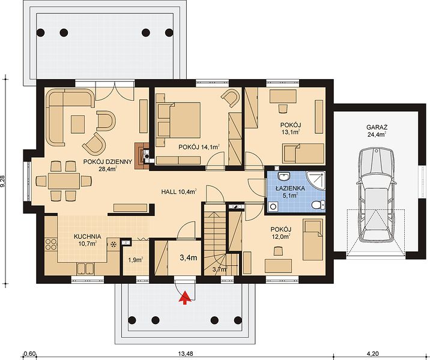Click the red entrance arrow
click(x=186, y=298)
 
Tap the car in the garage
click(x=376, y=194)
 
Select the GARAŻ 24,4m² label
click(x=377, y=131)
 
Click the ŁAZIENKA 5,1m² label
click(x=291, y=192)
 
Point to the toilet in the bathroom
click(x=318, y=205)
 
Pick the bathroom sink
click(x=283, y=176)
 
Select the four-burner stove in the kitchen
click(x=50, y=244)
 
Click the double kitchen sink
click(x=86, y=268)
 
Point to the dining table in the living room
click(x=64, y=181)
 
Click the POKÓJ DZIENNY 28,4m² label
click(x=107, y=165)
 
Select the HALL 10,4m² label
click(x=179, y=192)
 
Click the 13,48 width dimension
click(x=186, y=353)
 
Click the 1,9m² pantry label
click(x=136, y=260)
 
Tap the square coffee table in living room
click(x=77, y=124)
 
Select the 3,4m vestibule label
click(x=189, y=257)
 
